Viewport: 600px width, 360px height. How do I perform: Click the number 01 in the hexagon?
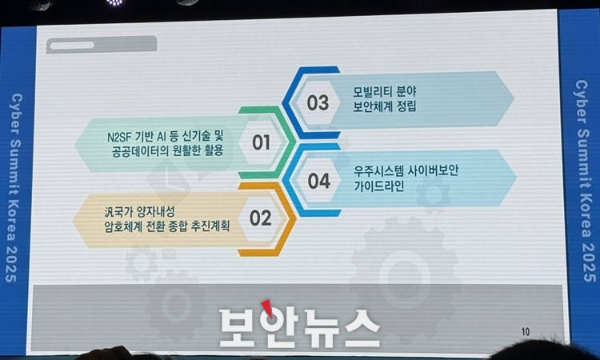[262, 142]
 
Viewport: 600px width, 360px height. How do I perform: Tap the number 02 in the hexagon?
[261, 218]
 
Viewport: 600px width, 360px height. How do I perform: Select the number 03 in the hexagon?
[318, 103]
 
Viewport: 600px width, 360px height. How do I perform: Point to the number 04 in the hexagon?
[319, 181]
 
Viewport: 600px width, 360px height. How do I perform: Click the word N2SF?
[119, 137]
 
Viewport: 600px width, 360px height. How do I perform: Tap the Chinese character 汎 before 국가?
[109, 211]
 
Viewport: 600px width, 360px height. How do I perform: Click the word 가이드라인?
[379, 186]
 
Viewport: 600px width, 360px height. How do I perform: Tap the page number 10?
[526, 332]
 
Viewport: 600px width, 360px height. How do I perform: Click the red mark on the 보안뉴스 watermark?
[267, 308]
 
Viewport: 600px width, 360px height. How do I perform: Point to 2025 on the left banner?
[11, 264]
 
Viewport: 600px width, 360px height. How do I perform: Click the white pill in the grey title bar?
[72, 46]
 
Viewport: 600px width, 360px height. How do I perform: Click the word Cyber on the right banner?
[581, 102]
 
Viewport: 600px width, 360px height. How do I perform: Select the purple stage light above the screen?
[114, 2]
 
